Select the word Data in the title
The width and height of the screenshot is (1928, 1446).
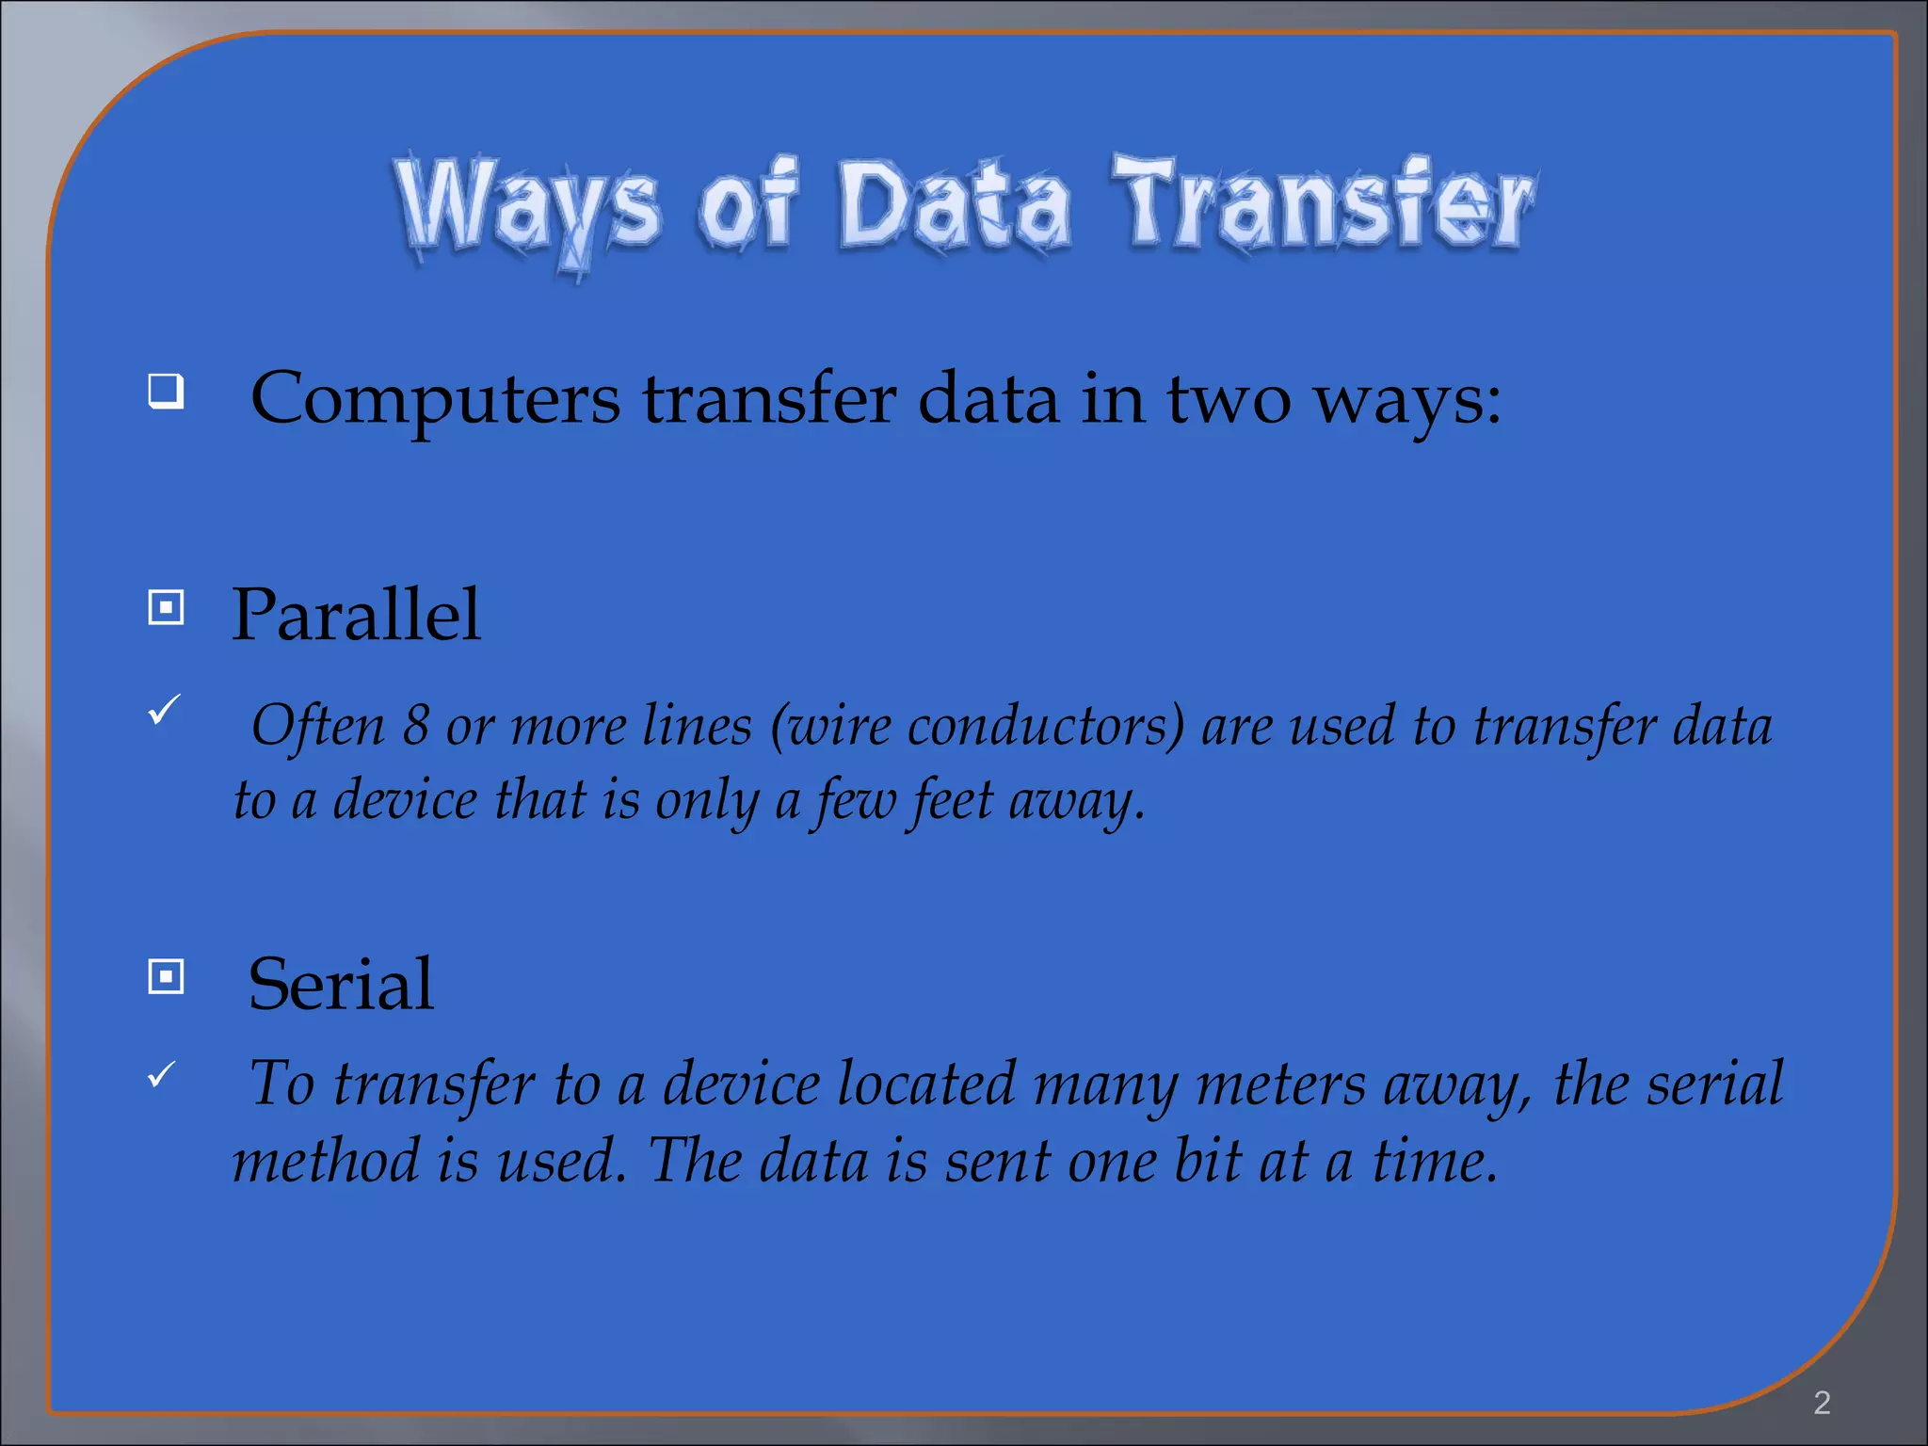pyautogui.click(x=954, y=205)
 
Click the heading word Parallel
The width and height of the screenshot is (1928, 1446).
pyautogui.click(x=356, y=615)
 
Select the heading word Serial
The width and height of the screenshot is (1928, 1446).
pyautogui.click(x=341, y=984)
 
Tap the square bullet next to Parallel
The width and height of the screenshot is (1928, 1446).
pyautogui.click(x=166, y=607)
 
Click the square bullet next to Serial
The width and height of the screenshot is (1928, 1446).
pyautogui.click(x=166, y=976)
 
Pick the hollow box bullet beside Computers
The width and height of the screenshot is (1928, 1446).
pyautogui.click(x=166, y=390)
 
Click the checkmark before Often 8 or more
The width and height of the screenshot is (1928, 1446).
pyautogui.click(x=164, y=709)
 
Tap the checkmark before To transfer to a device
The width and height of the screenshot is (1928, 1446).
pyautogui.click(x=162, y=1073)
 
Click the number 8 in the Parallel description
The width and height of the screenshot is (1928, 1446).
pyautogui.click(x=416, y=726)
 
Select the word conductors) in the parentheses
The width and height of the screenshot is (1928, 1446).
pyautogui.click(x=1045, y=727)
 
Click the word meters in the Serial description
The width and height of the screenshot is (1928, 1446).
pyautogui.click(x=1280, y=1084)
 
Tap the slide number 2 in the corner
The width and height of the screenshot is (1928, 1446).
pyautogui.click(x=1822, y=1403)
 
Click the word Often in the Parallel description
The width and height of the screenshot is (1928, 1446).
pyautogui.click(x=318, y=726)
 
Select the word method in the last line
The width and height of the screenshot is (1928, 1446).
pyautogui.click(x=326, y=1160)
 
